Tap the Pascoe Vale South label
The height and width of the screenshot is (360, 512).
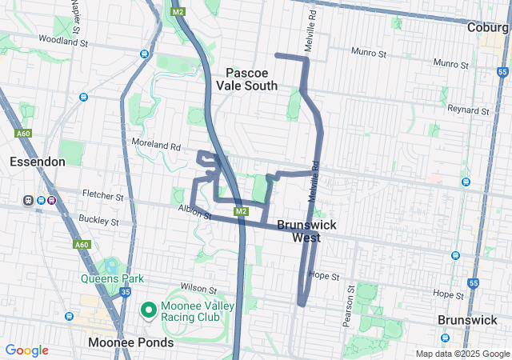[246, 78]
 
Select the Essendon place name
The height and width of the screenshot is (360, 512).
[37, 162]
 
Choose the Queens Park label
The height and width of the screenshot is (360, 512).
[111, 278]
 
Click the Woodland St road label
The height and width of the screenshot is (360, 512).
[60, 38]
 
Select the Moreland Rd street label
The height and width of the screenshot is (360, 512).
[156, 146]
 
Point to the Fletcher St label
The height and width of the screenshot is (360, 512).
[103, 195]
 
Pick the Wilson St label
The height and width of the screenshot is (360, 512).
[198, 287]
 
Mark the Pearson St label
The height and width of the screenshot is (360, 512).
[346, 310]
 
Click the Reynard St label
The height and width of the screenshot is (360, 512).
[468, 110]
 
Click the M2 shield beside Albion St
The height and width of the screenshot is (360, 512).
[240, 211]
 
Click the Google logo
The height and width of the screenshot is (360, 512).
[26, 350]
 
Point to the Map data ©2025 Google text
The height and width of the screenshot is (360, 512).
[462, 354]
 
